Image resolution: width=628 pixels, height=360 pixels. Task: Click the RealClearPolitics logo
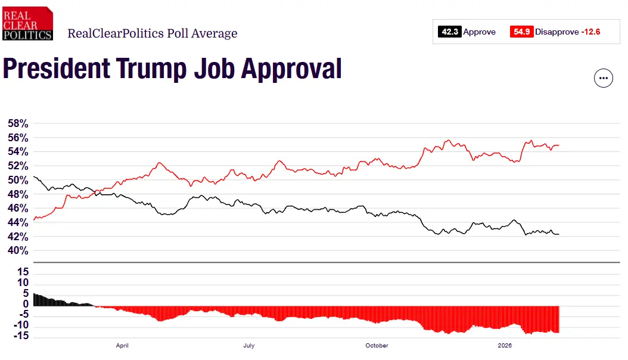[27, 24]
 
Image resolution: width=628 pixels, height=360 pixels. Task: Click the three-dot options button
[603, 79]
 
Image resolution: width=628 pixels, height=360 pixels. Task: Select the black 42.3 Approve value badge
[450, 32]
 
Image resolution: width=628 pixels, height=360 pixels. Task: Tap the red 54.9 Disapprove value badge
[521, 32]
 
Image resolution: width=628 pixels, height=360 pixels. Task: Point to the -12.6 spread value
[590, 32]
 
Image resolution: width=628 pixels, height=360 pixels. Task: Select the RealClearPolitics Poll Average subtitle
[152, 33]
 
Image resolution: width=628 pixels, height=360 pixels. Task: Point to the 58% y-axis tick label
[18, 124]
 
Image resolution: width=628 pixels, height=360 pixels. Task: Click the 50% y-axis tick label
[18, 180]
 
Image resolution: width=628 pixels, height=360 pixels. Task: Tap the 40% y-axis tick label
[18, 251]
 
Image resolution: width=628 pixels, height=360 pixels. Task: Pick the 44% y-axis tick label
[18, 222]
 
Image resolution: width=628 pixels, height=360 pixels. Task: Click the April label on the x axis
[122, 345]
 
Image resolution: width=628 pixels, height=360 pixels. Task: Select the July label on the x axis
[249, 345]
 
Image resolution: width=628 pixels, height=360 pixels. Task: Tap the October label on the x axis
[377, 345]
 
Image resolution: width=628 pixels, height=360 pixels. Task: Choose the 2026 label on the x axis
[505, 345]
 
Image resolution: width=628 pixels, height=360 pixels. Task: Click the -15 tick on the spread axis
[22, 337]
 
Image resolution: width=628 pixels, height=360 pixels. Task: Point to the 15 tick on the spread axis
[23, 272]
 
